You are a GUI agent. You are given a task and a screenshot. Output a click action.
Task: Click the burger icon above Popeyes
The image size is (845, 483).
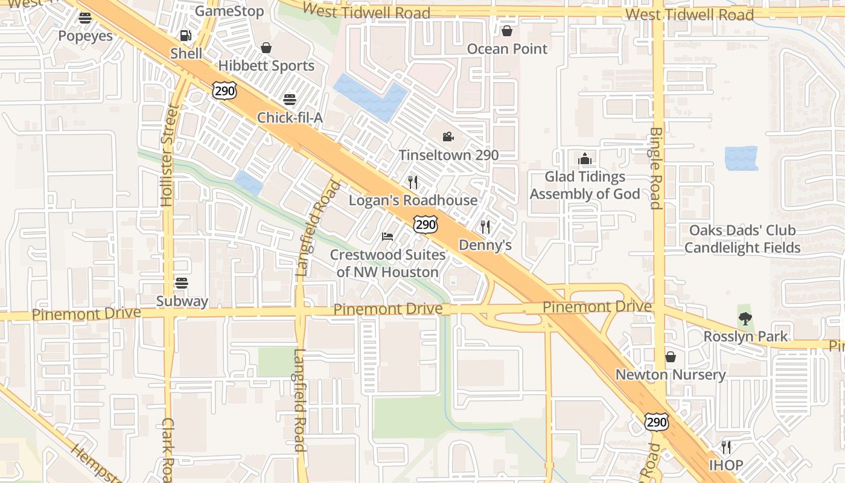pos(85,18)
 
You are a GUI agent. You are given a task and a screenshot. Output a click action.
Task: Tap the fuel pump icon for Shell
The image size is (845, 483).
pos(186,36)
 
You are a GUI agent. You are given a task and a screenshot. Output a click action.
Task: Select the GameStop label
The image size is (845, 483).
pos(229,11)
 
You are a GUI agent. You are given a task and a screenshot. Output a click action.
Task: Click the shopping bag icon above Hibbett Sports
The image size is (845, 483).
pos(266,48)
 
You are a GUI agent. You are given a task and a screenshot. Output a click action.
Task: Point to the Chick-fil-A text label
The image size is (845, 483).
pos(290,117)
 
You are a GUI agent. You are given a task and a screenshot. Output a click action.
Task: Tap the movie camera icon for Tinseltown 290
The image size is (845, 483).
pos(448,137)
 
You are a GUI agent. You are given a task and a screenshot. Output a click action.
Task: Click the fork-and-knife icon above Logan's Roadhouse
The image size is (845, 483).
pos(413,182)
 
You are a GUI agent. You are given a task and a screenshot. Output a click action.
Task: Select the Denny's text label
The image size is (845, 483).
pos(485,245)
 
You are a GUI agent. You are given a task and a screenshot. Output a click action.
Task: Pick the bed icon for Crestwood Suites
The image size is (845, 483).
pos(387,236)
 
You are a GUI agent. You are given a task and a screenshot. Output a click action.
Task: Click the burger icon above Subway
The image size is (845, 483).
pos(182,283)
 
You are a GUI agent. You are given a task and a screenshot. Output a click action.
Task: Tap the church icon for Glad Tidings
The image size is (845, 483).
pos(584,159)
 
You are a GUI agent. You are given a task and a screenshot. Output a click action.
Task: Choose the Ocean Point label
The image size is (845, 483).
pos(507,49)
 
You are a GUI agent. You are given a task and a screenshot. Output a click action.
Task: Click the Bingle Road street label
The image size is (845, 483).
pos(656,168)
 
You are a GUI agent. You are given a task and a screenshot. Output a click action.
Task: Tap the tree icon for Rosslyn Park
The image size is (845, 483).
pos(745,318)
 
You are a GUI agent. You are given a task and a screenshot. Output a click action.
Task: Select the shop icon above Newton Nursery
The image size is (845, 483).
pos(671,357)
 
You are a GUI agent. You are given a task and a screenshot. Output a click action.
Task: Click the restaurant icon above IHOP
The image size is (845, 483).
pos(726,447)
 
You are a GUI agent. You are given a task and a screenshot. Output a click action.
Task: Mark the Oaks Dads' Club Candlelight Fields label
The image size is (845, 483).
pos(742,239)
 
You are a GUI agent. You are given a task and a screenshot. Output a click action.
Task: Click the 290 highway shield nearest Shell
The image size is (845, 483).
pos(225,91)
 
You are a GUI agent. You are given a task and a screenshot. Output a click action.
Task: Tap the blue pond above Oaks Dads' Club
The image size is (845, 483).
pos(741,158)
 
